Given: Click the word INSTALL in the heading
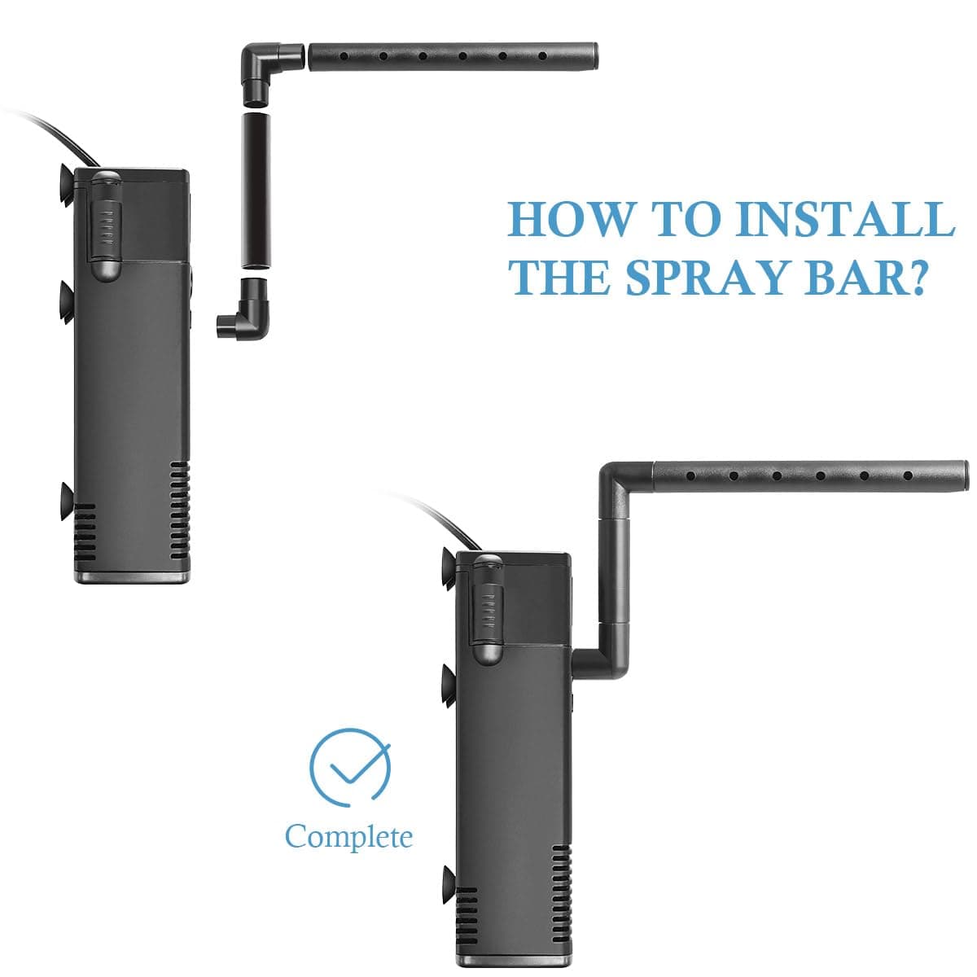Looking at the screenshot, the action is pyautogui.click(x=846, y=218).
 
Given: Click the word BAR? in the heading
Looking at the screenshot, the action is pyautogui.click(x=863, y=278).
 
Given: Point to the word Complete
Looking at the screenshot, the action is pyautogui.click(x=348, y=836).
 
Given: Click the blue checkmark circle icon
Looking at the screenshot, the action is pyautogui.click(x=350, y=767).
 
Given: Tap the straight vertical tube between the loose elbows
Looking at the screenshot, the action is pyautogui.click(x=256, y=191).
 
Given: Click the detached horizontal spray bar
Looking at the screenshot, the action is pyautogui.click(x=453, y=56).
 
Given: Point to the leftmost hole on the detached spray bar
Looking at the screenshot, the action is pyautogui.click(x=344, y=57).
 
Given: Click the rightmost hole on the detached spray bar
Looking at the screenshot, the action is pyautogui.click(x=542, y=56).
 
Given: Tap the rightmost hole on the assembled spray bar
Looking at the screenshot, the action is pyautogui.click(x=908, y=475).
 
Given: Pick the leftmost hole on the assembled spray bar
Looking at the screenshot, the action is pyautogui.click(x=690, y=475).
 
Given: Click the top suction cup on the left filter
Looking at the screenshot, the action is pyautogui.click(x=66, y=185).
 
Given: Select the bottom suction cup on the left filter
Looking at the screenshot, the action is pyautogui.click(x=67, y=502).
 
